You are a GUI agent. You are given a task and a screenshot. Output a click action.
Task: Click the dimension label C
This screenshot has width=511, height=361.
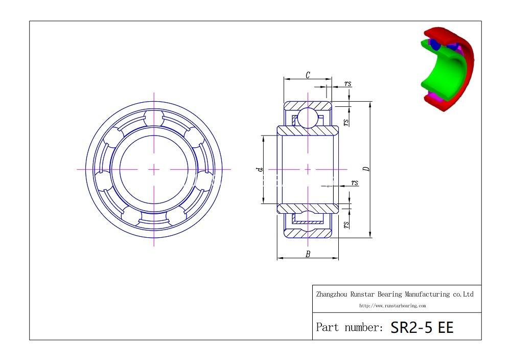(x=308, y=75)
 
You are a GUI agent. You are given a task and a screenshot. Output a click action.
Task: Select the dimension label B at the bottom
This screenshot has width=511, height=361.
(x=308, y=254)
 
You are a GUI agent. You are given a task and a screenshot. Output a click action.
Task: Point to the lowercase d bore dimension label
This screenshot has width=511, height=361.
(x=260, y=169)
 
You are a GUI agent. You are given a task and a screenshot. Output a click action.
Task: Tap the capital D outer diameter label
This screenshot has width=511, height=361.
(x=366, y=169)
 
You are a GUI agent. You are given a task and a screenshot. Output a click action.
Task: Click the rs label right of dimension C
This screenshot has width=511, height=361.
(x=347, y=84)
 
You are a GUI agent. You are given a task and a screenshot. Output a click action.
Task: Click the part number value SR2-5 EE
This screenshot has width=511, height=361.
(x=422, y=327)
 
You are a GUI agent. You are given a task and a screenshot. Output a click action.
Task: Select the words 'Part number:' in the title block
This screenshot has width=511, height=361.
(x=349, y=327)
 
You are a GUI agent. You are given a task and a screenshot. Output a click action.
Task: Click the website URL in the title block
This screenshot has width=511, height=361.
(x=392, y=306)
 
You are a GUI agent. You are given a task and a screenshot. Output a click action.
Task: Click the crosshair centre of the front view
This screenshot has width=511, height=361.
(x=154, y=169)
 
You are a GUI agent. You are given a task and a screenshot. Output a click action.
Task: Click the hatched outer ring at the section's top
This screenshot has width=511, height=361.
(x=291, y=105)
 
